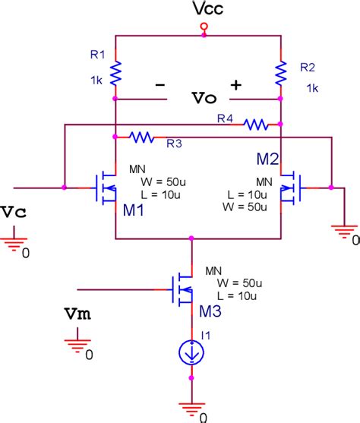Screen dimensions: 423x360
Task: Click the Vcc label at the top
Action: (203, 10)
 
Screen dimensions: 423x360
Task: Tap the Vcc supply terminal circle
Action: (204, 28)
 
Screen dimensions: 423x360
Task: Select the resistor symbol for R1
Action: (115, 73)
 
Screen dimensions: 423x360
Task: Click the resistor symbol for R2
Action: (281, 73)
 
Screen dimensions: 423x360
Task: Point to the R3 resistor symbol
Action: (142, 137)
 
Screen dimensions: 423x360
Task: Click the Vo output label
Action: (204, 99)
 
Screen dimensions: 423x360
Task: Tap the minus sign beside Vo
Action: (160, 86)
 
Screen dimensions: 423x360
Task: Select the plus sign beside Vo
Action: (236, 86)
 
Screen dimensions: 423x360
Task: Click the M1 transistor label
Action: (134, 210)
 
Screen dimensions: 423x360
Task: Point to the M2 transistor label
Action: (268, 159)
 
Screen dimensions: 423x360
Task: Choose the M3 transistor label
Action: (208, 312)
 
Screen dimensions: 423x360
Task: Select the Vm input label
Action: (76, 314)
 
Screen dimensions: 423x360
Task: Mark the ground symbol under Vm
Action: (76, 344)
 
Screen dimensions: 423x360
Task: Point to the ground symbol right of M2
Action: (344, 229)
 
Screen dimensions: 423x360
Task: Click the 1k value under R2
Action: (311, 88)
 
